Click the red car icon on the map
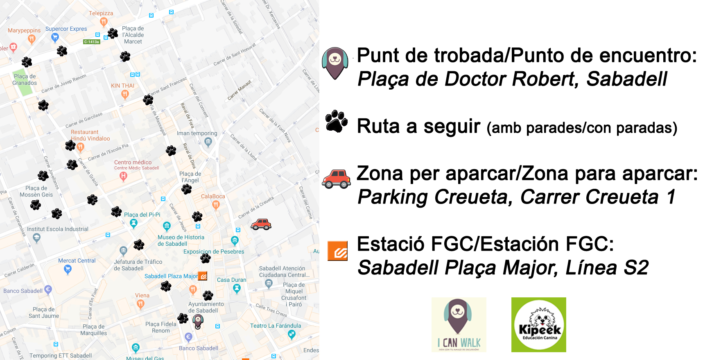click(261, 224)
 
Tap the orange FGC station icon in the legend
click(337, 251)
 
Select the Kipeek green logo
click(538, 325)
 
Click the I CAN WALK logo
click(459, 325)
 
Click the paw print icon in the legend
click(336, 121)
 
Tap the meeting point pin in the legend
click(335, 63)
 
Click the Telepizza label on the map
click(101, 13)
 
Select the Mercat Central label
click(77, 260)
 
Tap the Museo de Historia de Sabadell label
click(181, 240)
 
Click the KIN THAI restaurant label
click(122, 86)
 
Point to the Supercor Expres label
click(66, 29)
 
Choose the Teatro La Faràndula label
click(275, 326)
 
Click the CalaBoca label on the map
click(213, 196)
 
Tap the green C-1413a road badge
click(91, 42)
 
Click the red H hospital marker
click(123, 176)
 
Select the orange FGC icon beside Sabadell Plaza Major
click(203, 276)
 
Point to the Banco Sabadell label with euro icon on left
click(23, 291)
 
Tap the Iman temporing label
click(197, 133)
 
